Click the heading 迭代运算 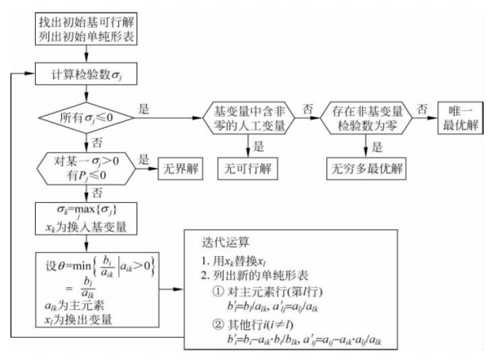click(x=226, y=242)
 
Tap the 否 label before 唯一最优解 click(x=424, y=109)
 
